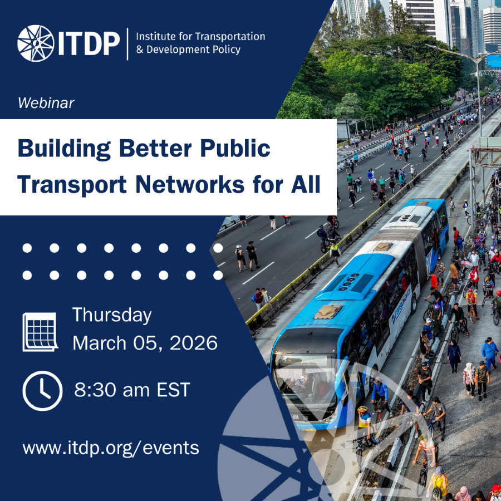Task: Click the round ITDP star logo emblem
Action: (36, 43)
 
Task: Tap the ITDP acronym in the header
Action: (89, 43)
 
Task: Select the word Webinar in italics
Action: (46, 103)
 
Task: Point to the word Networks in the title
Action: (190, 185)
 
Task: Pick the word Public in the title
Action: (235, 148)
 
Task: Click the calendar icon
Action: (40, 332)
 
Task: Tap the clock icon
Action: (42, 391)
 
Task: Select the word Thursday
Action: (112, 316)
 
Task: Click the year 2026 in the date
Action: (194, 343)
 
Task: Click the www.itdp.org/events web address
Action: (111, 448)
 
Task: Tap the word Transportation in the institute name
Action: (229, 37)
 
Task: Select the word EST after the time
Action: (173, 390)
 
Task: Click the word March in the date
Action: (100, 343)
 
